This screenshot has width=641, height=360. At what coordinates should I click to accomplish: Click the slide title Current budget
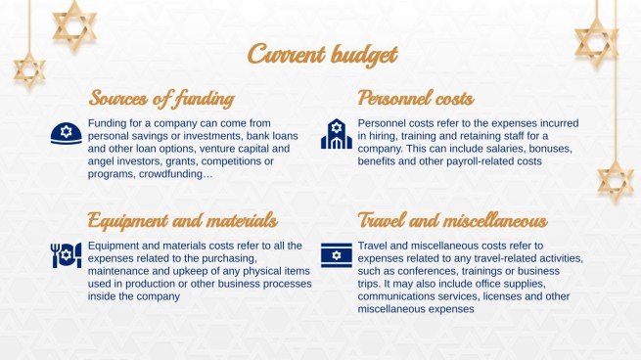click(322, 54)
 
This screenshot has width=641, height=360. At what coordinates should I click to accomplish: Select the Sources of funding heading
click(160, 99)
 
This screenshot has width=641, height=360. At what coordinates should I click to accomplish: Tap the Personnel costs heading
click(416, 99)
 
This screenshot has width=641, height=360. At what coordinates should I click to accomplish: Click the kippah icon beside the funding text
click(66, 135)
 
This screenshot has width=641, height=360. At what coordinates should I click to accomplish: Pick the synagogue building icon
click(336, 134)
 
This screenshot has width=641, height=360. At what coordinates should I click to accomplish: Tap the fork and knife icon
click(66, 255)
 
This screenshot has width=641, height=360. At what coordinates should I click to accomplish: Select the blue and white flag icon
click(336, 254)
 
